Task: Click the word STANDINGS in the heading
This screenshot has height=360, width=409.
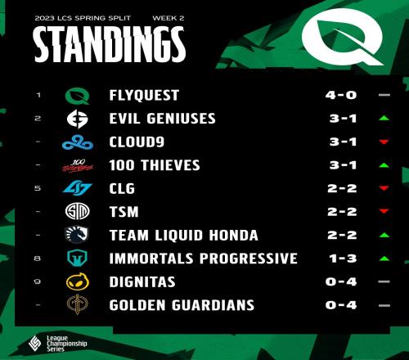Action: point(110,44)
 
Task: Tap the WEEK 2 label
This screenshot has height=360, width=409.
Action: point(169,18)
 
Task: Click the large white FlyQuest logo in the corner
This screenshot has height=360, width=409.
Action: point(343,37)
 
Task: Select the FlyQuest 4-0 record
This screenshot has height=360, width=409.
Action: point(341,95)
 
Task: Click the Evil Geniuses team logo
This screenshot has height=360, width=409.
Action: point(78,119)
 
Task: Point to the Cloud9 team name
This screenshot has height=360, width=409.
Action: point(137,142)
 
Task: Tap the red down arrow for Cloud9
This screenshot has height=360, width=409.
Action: point(384,142)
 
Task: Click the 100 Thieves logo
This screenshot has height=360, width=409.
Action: point(78,165)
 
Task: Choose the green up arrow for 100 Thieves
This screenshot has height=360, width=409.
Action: point(384,165)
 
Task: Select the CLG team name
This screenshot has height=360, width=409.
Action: point(122,189)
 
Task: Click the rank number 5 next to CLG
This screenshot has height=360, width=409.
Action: point(38,188)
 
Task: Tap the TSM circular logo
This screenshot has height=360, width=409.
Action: point(78,211)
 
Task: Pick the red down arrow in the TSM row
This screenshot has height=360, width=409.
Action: point(384,211)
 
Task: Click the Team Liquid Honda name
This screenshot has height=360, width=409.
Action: point(183,236)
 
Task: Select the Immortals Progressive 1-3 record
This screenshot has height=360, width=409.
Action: point(343,259)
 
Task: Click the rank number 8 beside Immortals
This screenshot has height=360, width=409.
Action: point(38,259)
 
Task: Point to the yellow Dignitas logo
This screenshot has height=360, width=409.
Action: point(78,281)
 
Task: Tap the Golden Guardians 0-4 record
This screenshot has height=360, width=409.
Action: point(341,305)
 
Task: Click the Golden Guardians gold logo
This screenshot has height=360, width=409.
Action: point(78,304)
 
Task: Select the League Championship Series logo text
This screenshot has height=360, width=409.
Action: point(66,344)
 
